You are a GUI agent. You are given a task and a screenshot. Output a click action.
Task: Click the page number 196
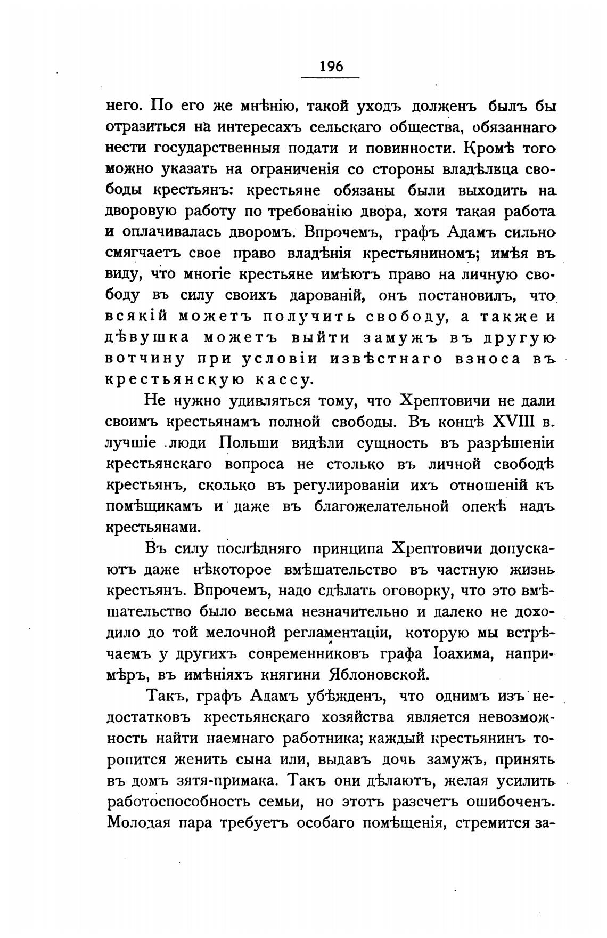[331, 67]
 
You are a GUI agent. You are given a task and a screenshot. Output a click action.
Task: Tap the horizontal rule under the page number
[331, 78]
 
